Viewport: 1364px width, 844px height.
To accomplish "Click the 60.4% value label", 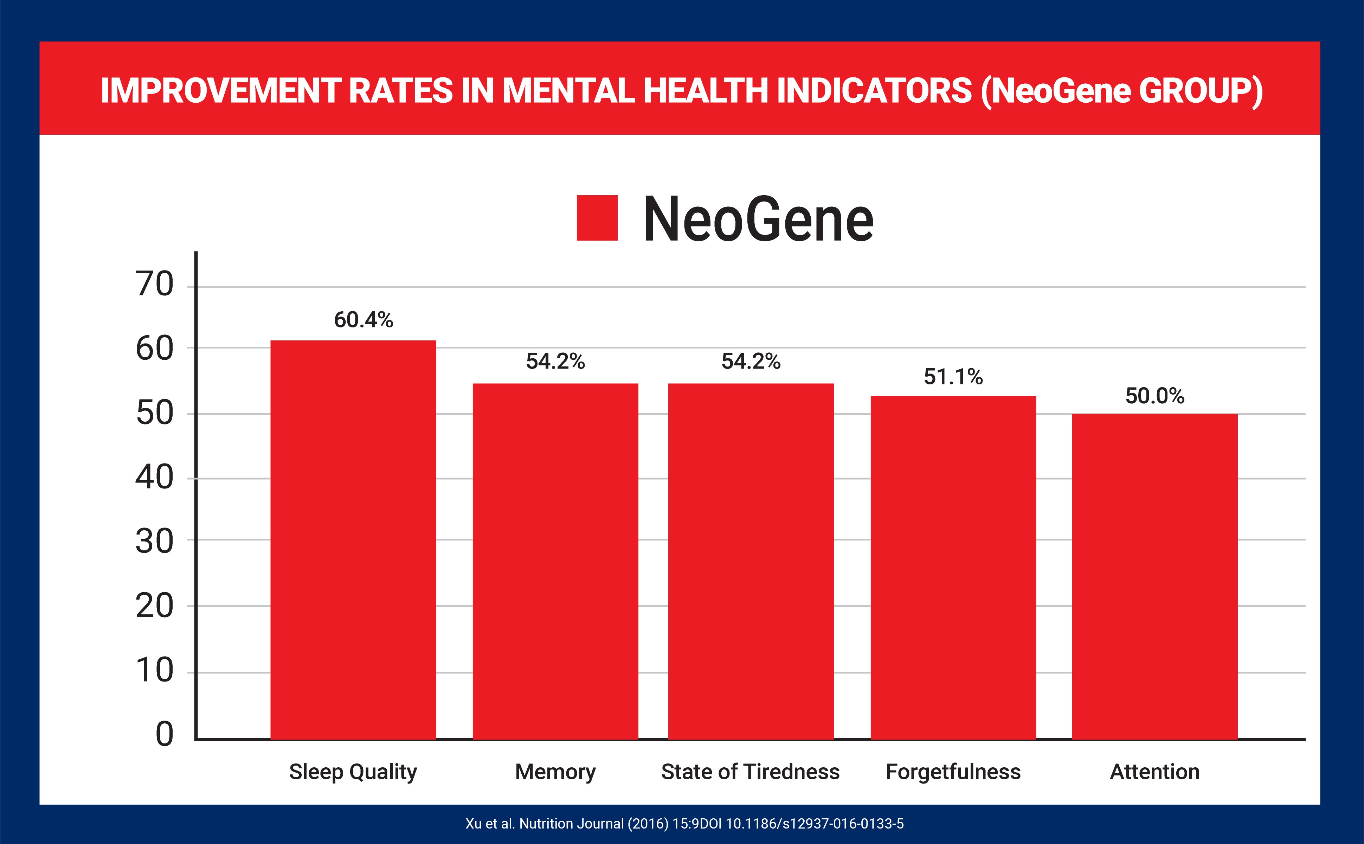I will click(363, 320).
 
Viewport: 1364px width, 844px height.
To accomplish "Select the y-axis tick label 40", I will click(155, 478).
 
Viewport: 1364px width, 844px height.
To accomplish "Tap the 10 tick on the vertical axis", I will click(155, 670).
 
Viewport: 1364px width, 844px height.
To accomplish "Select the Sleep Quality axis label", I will click(353, 772).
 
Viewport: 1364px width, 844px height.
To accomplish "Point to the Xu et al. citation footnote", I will click(684, 823).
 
